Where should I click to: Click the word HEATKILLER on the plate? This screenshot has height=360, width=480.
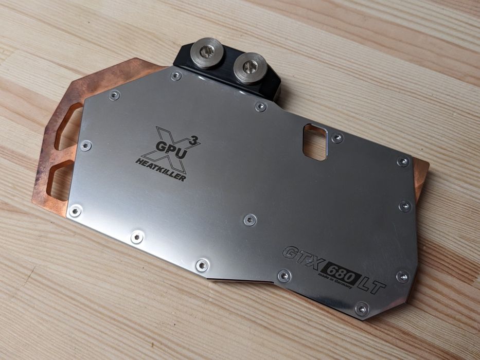click(x=161, y=170)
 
